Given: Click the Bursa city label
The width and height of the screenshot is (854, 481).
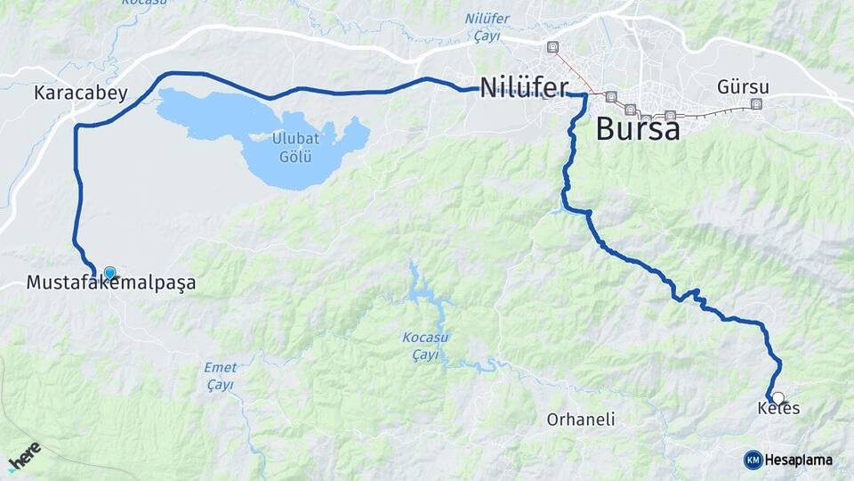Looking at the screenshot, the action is point(637,129).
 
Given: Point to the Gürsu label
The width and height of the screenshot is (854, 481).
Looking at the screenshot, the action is point(742,87).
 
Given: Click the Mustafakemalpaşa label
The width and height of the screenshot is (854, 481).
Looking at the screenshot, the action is point(111,283).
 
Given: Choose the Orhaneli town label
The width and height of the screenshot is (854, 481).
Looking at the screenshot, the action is point(581,419).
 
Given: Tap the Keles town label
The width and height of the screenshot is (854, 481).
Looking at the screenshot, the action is point(778,409).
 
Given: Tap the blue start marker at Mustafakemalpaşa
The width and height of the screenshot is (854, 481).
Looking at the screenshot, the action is point(109,273).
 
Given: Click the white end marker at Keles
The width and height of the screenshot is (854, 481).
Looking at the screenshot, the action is point(778,397).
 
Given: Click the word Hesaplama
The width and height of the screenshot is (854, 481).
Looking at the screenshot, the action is point(799,460).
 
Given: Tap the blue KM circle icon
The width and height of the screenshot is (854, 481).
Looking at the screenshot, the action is point(753,460).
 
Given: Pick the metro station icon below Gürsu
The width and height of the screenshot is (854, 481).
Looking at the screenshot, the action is point(756,104).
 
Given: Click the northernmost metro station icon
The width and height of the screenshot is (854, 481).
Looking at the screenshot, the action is point(553,46).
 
